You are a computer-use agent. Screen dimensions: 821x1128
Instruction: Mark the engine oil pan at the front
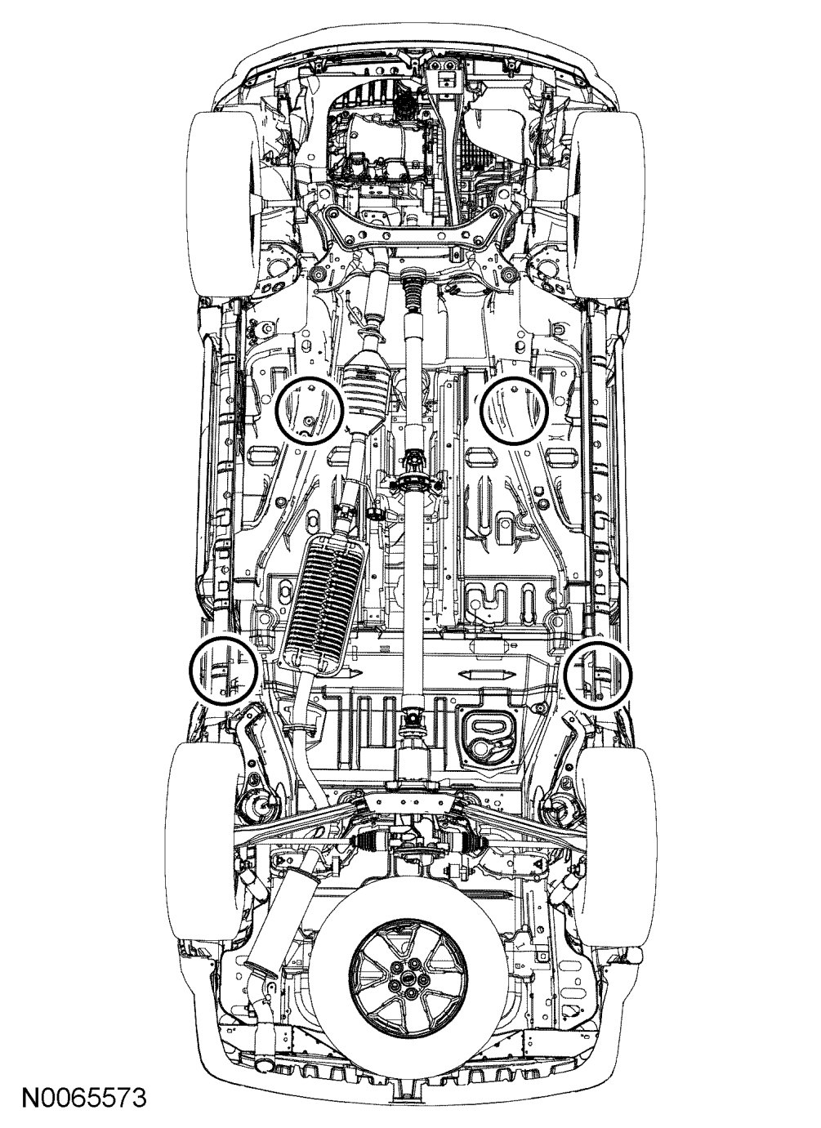click(x=368, y=155)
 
